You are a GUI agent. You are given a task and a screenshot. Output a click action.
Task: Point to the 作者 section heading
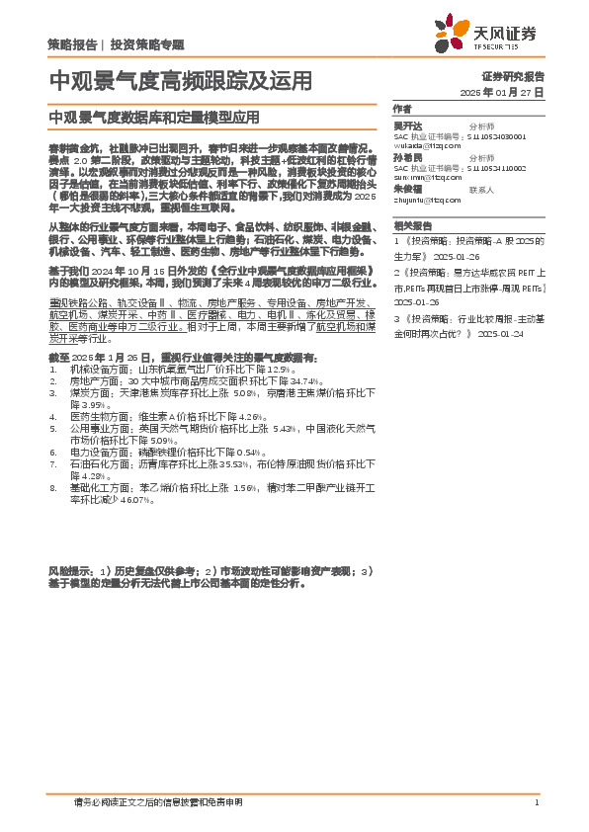(x=401, y=109)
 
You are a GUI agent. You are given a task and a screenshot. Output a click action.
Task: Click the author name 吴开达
(x=406, y=126)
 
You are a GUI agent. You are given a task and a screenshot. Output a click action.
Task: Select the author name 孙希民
(x=406, y=158)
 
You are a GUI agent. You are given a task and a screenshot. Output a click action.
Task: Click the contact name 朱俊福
(x=406, y=189)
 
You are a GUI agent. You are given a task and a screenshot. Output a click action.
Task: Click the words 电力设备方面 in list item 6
(x=96, y=451)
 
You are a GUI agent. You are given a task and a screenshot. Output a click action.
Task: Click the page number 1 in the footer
(x=536, y=802)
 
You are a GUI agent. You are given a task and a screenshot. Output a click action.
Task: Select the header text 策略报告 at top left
(x=71, y=44)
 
